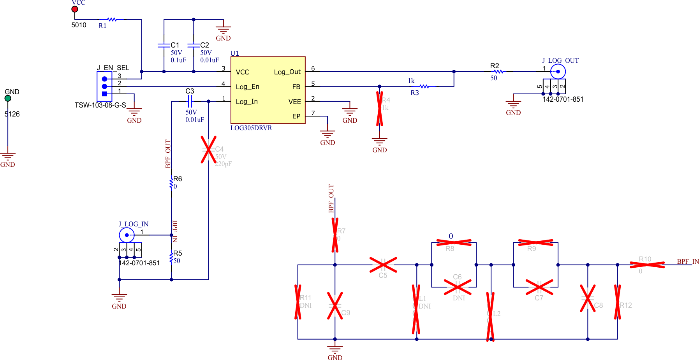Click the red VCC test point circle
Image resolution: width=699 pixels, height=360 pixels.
[x=75, y=9]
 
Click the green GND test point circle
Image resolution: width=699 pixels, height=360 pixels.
[x=8, y=99]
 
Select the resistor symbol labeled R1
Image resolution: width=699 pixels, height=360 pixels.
[x=112, y=19]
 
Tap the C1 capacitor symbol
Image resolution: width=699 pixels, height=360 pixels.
[x=164, y=45]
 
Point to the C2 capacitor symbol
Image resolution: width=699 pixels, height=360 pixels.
[x=194, y=45]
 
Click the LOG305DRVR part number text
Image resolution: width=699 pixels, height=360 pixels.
[x=251, y=128]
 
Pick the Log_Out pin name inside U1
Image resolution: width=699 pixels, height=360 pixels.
[x=287, y=72]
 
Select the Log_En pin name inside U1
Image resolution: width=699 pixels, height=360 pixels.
[x=247, y=87]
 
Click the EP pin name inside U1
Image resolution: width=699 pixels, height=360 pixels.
[x=296, y=116]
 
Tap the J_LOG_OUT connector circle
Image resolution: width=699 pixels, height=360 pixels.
[x=558, y=72]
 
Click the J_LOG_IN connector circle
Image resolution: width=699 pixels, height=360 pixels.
[x=127, y=235]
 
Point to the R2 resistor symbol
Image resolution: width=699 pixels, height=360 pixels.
[x=498, y=72]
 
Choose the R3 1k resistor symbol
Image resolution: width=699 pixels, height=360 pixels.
[x=424, y=86]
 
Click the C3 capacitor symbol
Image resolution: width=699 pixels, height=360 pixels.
[x=190, y=102]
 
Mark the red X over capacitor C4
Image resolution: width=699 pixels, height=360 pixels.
[x=208, y=150]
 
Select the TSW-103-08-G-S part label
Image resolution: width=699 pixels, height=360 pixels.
[x=100, y=105]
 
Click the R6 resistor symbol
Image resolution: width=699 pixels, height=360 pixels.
[x=171, y=183]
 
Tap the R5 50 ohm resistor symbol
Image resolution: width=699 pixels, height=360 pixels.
[x=171, y=258]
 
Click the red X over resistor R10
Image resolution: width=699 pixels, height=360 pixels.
[x=647, y=265]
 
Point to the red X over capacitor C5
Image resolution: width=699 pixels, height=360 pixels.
[x=383, y=265]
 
